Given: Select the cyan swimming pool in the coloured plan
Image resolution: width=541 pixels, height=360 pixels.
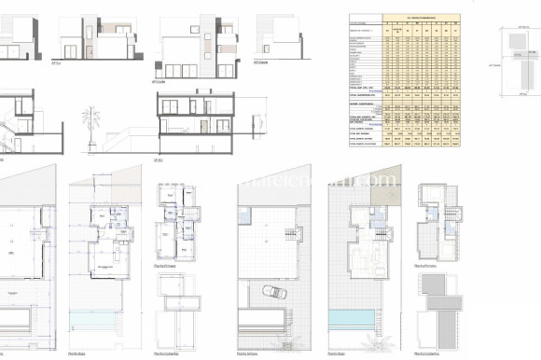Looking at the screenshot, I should [x=350, y=319].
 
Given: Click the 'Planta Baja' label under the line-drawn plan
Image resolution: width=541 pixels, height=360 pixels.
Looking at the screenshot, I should [x=78, y=353].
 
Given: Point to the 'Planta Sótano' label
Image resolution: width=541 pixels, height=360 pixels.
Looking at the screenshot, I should [x=246, y=353].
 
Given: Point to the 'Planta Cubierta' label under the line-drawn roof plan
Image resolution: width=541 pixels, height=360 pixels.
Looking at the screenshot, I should [x=169, y=353].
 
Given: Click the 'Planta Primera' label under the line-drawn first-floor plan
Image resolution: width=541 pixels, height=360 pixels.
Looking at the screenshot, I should [x=169, y=265].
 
